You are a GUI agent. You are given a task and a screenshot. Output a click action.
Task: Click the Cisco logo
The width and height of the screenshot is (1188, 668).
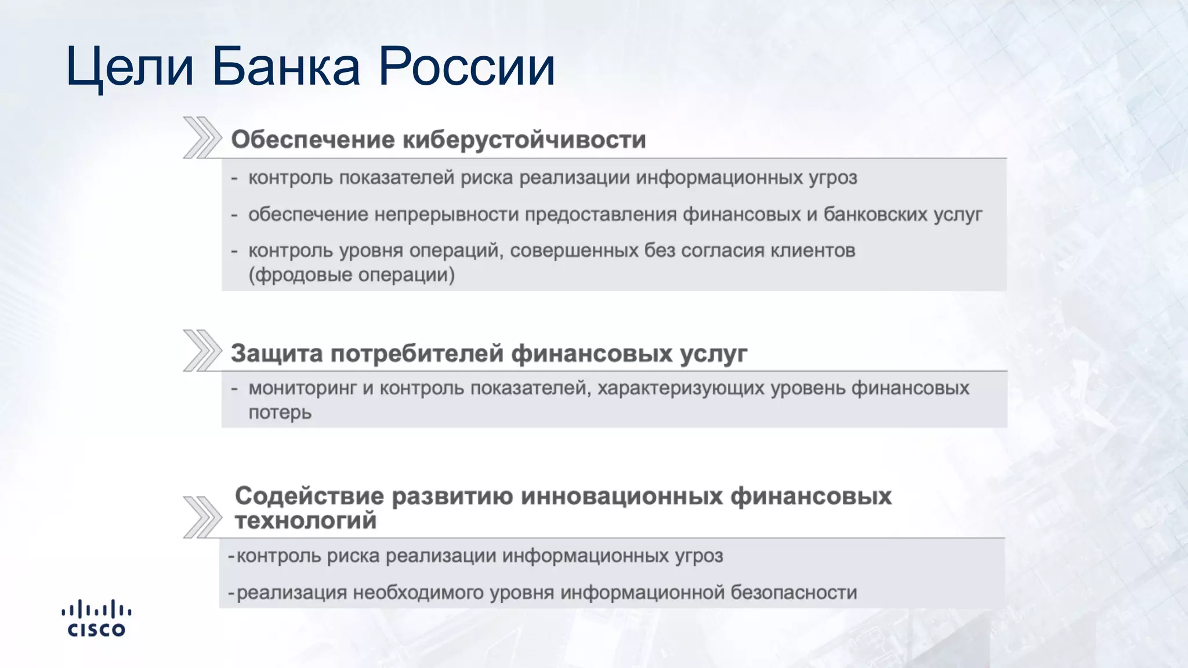tap(96, 619)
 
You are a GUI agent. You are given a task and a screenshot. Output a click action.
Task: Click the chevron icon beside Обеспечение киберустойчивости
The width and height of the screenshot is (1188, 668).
tap(202, 137)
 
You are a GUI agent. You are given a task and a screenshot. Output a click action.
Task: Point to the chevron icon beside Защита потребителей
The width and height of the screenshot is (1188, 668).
tap(202, 350)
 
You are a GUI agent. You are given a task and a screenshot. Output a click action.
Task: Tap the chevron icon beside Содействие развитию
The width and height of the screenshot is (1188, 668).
tap(202, 517)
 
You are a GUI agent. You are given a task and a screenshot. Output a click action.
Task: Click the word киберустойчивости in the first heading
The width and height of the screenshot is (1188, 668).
tap(524, 140)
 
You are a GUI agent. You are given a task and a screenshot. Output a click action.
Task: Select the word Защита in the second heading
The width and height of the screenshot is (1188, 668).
tap(276, 353)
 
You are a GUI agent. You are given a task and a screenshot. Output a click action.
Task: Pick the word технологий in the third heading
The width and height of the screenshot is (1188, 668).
tap(306, 521)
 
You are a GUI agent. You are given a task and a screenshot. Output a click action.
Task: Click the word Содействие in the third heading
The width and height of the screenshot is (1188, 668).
tap(309, 496)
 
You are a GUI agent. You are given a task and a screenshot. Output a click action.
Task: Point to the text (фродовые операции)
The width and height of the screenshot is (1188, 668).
tap(352, 274)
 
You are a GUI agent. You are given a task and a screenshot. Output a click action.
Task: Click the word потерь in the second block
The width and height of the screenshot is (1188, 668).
tap(280, 412)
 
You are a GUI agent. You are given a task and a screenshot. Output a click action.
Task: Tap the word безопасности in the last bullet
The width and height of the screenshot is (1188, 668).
tap(794, 593)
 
